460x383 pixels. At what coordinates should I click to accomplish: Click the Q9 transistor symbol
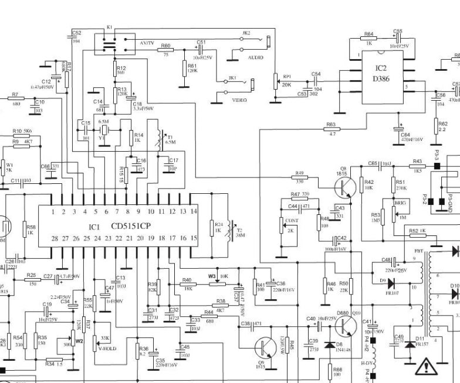tap(266, 349)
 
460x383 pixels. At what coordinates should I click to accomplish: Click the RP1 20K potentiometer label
tap(287, 80)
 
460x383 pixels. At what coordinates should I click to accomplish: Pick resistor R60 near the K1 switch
tap(165, 51)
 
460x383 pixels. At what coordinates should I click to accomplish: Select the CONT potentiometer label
tap(292, 221)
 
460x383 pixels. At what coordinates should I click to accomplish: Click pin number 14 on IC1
tap(194, 211)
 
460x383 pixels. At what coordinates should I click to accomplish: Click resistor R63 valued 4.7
tap(331, 129)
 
